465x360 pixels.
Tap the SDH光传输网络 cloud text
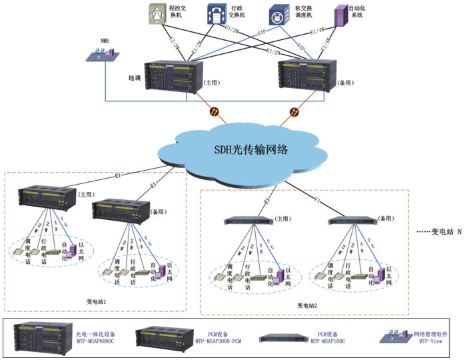[246, 149]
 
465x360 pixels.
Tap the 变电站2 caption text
[308, 305]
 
